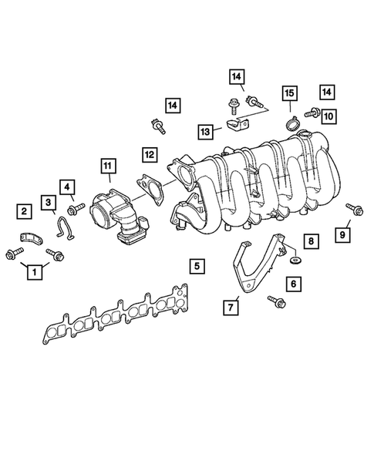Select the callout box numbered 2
tap(25, 210)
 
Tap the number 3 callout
tap(49, 203)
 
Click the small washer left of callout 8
tap(294, 262)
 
